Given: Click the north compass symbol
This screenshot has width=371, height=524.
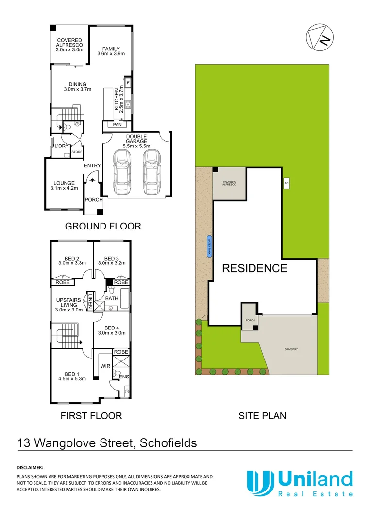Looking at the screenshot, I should coord(320,37).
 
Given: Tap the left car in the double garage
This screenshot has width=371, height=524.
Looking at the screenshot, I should coord(121,171).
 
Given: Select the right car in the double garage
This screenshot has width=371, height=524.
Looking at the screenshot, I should coord(152,171).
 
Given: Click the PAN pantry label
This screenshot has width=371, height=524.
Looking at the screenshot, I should coord(117,125).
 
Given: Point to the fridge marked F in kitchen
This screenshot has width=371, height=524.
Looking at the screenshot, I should coord(128,83).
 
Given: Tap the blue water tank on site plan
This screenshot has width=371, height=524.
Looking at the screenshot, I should coord(209,246).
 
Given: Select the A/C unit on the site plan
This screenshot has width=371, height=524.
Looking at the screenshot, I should coord(287,184).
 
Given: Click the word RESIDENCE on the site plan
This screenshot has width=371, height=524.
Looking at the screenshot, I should coord(254,268).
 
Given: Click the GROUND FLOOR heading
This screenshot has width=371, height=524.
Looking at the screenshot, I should coord(103,226).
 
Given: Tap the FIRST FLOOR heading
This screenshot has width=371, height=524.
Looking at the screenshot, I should coord(91,415).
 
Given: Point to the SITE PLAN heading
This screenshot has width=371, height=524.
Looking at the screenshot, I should coord(262,415).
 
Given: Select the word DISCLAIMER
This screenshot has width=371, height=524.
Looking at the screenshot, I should coord(30,468).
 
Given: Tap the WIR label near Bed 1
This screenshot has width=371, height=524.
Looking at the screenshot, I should coord(105,366).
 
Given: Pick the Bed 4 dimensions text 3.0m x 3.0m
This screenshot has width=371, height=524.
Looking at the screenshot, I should coord(112,333).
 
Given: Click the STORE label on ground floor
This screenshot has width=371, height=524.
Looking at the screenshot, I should coord(77,152).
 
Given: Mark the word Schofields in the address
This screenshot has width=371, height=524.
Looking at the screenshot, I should coord(169,443).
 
